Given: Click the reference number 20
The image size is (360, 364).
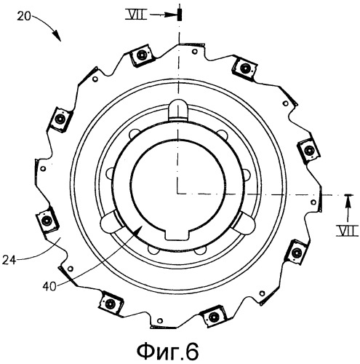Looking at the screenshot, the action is pyautogui.click(x=24, y=17).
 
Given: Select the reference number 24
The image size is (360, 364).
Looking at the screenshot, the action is pyautogui.click(x=9, y=261).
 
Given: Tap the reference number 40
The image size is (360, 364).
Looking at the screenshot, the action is pyautogui.click(x=49, y=286).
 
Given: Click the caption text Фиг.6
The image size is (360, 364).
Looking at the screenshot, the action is pyautogui.click(x=168, y=352).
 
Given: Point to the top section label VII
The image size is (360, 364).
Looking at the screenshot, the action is pyautogui.click(x=136, y=15).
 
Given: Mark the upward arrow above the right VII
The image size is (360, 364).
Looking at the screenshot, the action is pyautogui.click(x=348, y=208).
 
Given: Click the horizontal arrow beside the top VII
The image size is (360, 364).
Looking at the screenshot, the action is pyautogui.click(x=163, y=15).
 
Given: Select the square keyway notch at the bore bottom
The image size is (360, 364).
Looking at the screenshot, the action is pyautogui.click(x=177, y=235).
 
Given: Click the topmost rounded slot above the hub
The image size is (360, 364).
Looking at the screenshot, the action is pyautogui.click(x=178, y=110).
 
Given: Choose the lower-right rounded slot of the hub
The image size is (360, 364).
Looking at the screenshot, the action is pyautogui.click(x=243, y=222).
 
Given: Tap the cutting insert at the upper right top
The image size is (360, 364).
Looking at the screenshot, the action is pyautogui.click(x=245, y=67).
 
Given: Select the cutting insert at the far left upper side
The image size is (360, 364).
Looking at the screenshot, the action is pyautogui.click(x=60, y=119).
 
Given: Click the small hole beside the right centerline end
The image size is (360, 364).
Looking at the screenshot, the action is pyautogui.click(x=313, y=202).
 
